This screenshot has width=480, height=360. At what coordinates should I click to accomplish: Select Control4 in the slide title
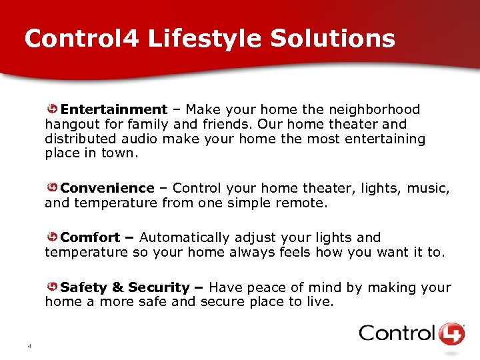point(81,38)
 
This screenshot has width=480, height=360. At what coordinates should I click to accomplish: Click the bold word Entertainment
point(114,109)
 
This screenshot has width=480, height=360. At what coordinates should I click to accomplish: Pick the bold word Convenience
point(107,189)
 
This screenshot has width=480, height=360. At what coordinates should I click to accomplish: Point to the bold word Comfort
point(91,237)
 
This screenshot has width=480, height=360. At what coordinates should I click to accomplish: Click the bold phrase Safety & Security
point(125,287)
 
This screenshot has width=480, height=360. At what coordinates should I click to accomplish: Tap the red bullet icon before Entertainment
point(51,109)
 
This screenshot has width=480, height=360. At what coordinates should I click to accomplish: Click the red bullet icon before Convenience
point(51,189)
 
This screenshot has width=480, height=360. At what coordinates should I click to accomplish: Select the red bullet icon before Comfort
point(51,237)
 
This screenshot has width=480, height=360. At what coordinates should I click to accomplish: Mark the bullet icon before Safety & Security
point(51,287)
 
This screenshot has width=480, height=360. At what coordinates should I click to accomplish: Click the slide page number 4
point(30,346)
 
